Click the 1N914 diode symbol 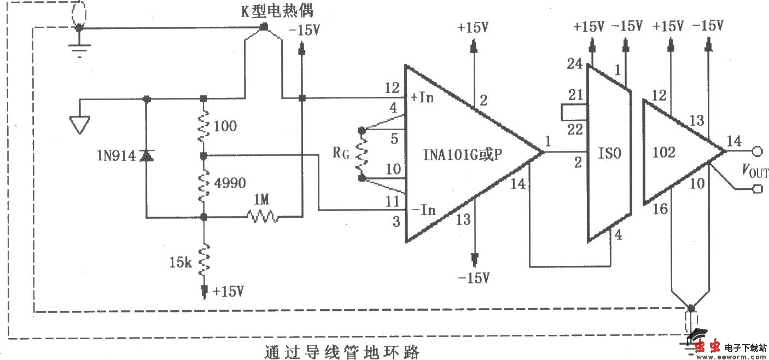pyautogui.click(x=146, y=156)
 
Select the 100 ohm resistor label pyautogui.click(x=226, y=126)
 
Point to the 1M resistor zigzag pyautogui.click(x=263, y=217)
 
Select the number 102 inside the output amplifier pyautogui.click(x=664, y=152)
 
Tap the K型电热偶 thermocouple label pyautogui.click(x=277, y=10)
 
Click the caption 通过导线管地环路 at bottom pyautogui.click(x=342, y=351)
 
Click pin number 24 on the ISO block pyautogui.click(x=574, y=64)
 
